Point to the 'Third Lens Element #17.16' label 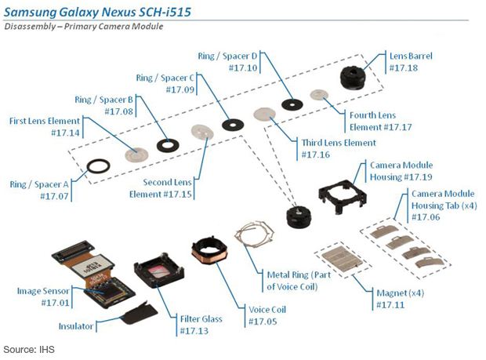click(338, 148)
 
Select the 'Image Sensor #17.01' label click(44, 296)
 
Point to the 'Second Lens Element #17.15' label click(161, 187)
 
